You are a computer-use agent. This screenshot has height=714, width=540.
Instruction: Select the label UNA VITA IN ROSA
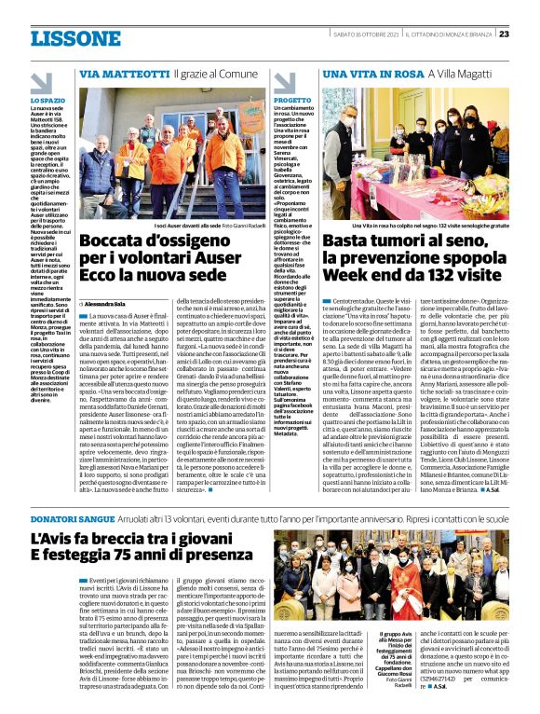click(x=367, y=73)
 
